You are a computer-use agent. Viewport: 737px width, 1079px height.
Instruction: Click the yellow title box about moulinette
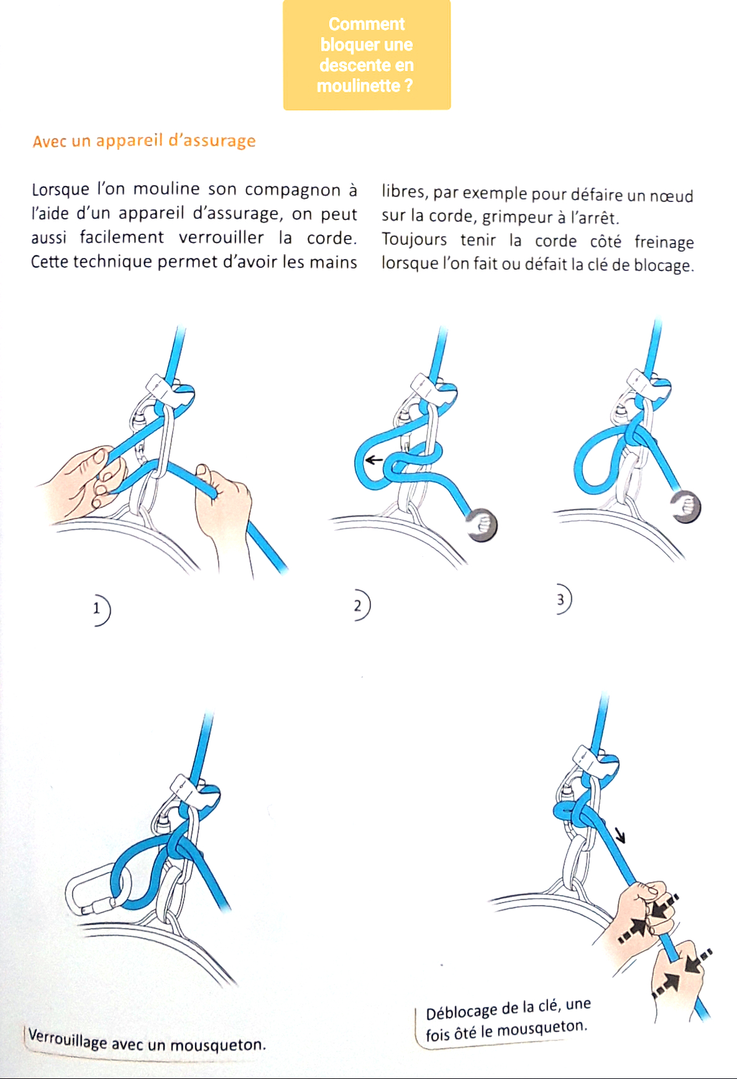(x=367, y=55)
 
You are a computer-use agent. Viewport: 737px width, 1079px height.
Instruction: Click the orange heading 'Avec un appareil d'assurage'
(x=144, y=141)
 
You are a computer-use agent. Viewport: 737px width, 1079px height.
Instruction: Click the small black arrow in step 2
(x=373, y=461)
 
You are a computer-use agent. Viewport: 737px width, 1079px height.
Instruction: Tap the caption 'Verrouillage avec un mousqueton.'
(x=147, y=1040)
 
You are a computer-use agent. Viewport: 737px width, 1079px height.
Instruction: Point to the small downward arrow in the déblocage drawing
(x=620, y=836)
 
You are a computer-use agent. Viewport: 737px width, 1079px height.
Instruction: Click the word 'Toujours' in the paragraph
(x=414, y=239)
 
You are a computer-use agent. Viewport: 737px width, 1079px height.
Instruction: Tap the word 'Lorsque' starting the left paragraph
(x=60, y=189)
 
